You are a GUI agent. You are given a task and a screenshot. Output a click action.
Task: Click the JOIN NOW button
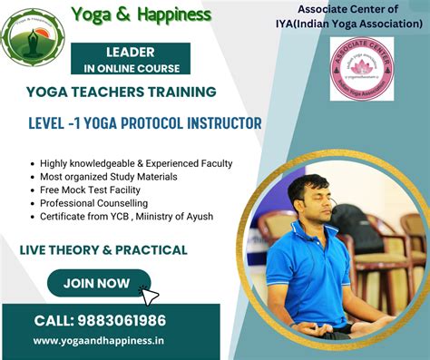(97, 283)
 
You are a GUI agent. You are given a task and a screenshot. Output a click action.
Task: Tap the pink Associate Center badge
(362, 68)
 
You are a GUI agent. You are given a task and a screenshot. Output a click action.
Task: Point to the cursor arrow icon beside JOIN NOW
(151, 295)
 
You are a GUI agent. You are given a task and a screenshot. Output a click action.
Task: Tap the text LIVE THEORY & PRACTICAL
(103, 249)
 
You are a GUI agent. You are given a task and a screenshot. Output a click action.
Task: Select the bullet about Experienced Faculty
(136, 163)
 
